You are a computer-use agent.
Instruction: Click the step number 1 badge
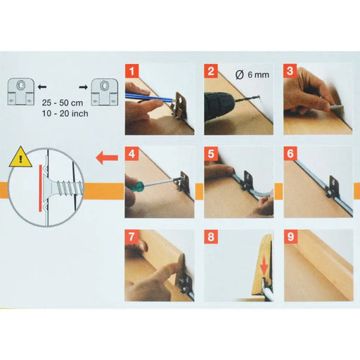[132, 71]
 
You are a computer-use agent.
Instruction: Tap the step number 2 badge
[211, 71]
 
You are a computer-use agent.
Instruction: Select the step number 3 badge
[290, 71]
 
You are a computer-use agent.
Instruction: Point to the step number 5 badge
[211, 154]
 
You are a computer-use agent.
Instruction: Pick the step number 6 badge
[290, 153]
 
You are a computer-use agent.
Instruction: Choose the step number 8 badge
[211, 236]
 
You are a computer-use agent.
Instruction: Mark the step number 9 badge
[290, 236]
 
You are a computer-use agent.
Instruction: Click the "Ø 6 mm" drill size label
[252, 75]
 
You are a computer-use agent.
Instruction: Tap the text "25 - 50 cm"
[63, 103]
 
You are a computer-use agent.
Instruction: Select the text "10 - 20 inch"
[65, 113]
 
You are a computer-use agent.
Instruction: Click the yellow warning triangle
[20, 157]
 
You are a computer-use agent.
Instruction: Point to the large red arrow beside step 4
[107, 157]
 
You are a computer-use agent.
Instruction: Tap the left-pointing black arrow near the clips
[42, 87]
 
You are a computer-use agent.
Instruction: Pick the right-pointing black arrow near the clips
[83, 87]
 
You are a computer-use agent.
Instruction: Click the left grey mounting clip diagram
[20, 91]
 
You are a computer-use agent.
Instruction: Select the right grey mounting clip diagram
[104, 92]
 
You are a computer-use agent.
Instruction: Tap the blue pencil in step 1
[149, 98]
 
